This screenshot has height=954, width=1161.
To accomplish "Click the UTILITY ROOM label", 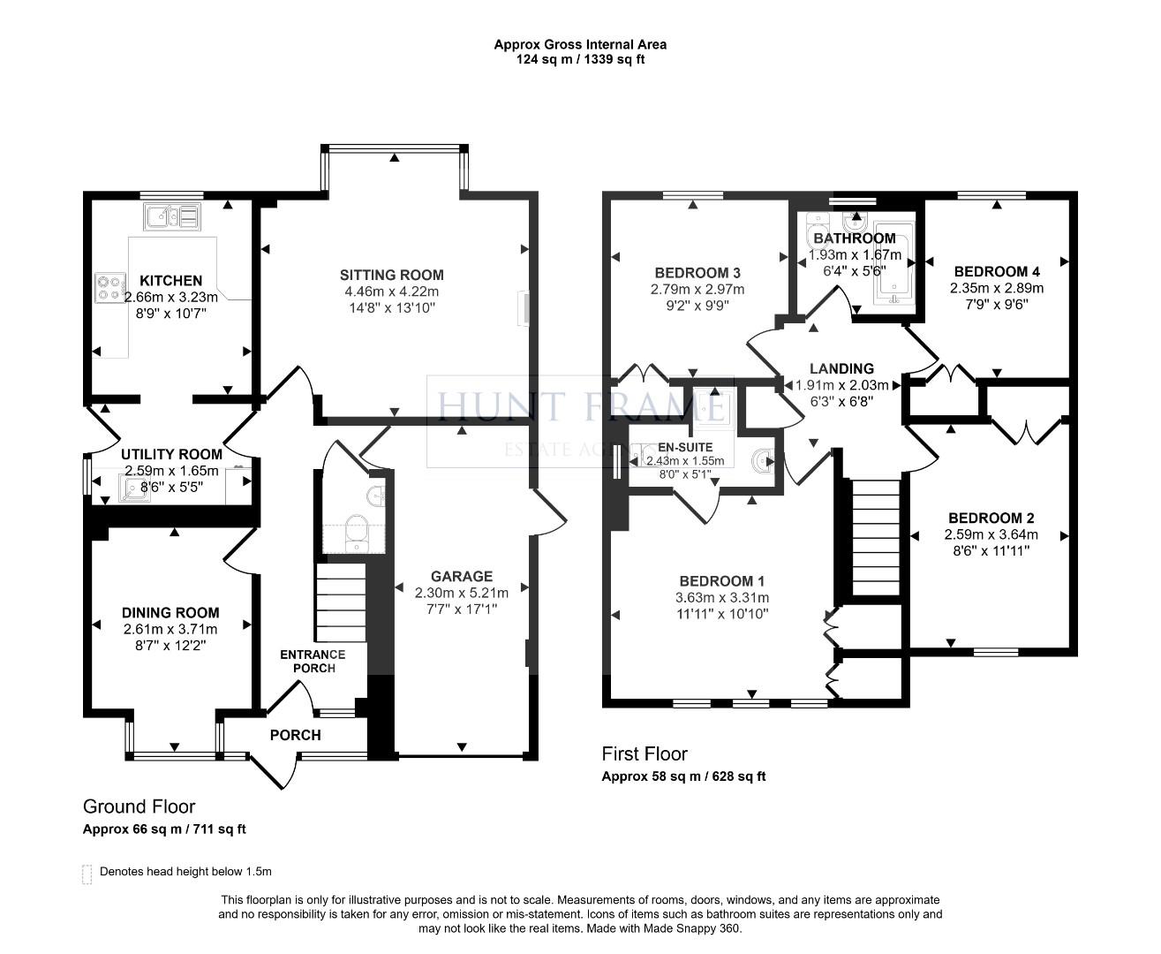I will [171, 454].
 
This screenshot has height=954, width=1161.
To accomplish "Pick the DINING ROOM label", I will [170, 612].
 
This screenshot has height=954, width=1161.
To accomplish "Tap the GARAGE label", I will [461, 576].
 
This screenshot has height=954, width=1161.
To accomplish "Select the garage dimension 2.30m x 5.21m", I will [461, 593].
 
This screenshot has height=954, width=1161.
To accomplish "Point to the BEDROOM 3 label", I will [697, 272].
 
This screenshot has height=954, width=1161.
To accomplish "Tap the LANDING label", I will [843, 368].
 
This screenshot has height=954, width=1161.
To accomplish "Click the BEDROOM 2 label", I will [991, 518].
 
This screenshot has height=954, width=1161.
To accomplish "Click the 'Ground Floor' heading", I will [139, 806].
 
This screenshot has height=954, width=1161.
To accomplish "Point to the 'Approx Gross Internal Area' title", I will [579, 44].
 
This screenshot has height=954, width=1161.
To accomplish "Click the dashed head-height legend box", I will [87, 873].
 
